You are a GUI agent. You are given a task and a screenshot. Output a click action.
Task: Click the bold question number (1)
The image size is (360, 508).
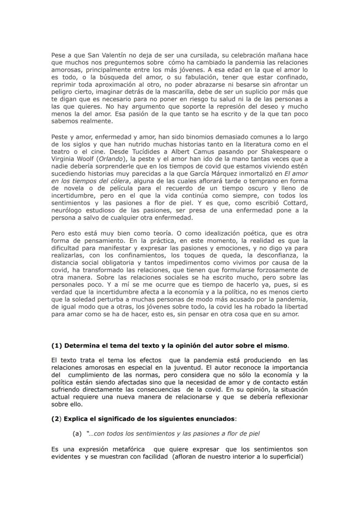pos(57,346)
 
